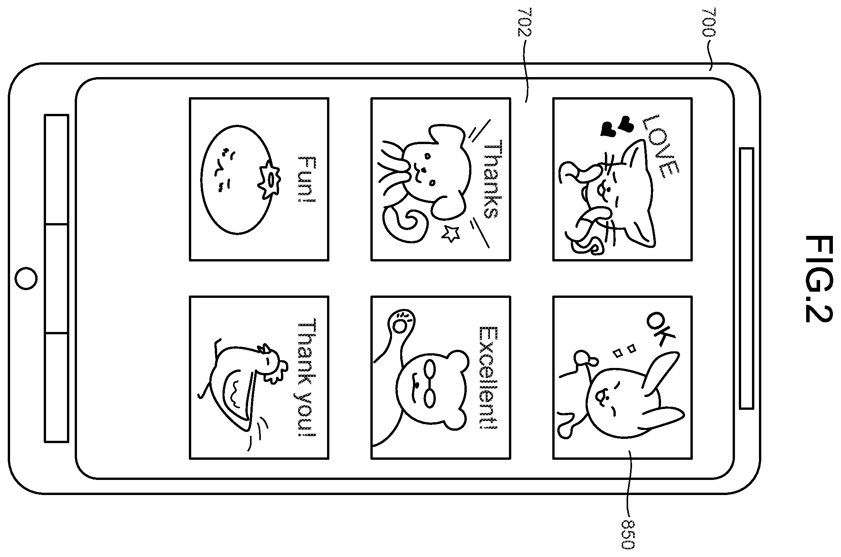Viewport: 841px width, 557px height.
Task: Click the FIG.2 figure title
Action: tap(818, 279)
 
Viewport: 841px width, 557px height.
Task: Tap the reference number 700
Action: tap(709, 22)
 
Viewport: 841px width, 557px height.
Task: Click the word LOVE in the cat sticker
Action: tap(659, 146)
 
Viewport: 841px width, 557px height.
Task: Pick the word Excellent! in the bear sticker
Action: tap(488, 378)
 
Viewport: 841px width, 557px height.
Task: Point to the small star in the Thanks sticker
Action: tap(450, 233)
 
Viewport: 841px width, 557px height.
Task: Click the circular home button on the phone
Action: tap(27, 278)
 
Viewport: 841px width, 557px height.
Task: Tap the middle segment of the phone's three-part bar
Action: tap(57, 278)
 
